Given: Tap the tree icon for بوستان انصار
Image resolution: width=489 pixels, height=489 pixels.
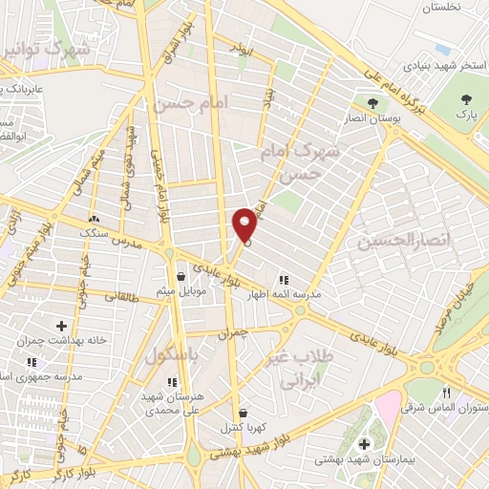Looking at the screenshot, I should coord(372,102).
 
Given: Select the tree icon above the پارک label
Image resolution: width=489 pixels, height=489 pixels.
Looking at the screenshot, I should coord(467,99).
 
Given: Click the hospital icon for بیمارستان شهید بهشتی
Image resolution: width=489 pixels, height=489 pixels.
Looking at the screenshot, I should coord(364,444).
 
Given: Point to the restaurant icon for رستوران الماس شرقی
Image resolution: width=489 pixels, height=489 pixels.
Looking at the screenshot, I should coord(447,393).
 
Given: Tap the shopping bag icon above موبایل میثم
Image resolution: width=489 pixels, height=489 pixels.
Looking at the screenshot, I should coord(181,278).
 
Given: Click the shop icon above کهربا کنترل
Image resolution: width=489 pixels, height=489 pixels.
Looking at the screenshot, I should coord(244,412).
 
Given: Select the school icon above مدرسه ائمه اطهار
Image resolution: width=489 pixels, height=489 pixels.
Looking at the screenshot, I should coord(283,279).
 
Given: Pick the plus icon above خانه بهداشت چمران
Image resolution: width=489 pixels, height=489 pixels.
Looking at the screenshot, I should coord(61,327).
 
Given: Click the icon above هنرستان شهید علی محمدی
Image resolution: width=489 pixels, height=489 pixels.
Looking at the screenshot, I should coord(172,382).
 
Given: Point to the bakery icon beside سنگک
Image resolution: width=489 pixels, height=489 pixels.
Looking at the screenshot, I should coord(94,218).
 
